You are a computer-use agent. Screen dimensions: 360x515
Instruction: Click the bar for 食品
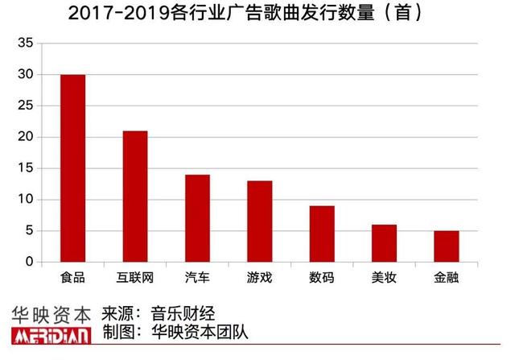pos(72,168)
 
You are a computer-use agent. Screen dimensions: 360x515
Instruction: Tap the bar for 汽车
pos(197,218)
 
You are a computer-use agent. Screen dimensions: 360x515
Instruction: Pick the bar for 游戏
pos(259,221)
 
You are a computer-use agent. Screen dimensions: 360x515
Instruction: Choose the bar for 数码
pos(322,234)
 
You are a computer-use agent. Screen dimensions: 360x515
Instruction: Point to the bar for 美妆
pos(384,243)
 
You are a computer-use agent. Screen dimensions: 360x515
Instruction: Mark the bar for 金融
pos(446,246)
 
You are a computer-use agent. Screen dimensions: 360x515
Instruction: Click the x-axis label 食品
pos(72,277)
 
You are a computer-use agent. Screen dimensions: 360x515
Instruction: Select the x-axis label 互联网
pos(135,277)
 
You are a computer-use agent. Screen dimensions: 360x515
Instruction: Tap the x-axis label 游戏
pos(259,277)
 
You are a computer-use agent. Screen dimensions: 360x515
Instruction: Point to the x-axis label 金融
pos(446,277)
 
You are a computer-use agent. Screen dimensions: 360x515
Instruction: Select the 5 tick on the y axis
pos(30,231)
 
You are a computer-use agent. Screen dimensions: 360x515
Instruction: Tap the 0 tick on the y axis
pos(30,263)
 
